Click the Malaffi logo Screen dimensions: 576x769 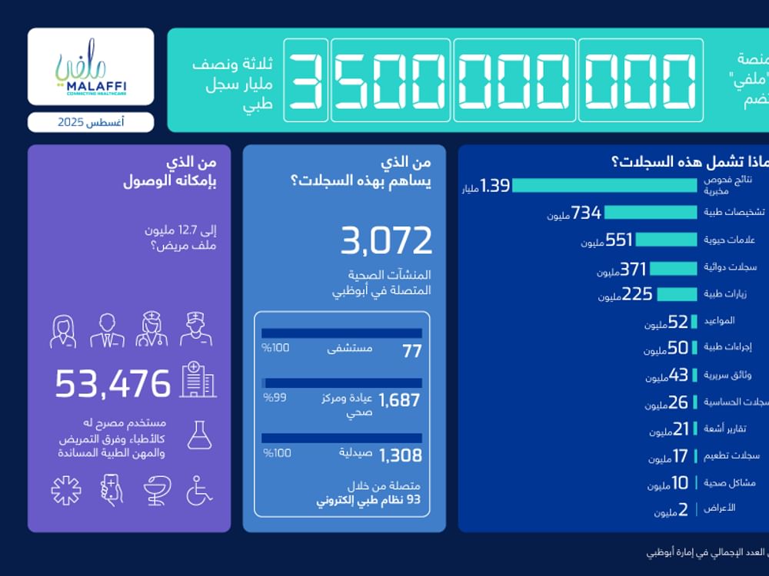click(91, 67)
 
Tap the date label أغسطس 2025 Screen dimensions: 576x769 click(91, 122)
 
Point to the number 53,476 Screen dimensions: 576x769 click(112, 383)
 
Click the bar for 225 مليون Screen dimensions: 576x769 click(676, 293)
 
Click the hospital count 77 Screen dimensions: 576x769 click(412, 351)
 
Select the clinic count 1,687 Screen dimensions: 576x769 click(401, 400)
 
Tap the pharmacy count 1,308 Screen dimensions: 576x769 click(401, 455)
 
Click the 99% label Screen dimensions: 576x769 click(275, 398)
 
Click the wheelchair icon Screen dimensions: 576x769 click(199, 490)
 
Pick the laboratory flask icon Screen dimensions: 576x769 click(199, 435)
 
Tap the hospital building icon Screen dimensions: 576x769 click(198, 380)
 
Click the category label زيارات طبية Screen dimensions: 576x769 click(729, 294)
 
